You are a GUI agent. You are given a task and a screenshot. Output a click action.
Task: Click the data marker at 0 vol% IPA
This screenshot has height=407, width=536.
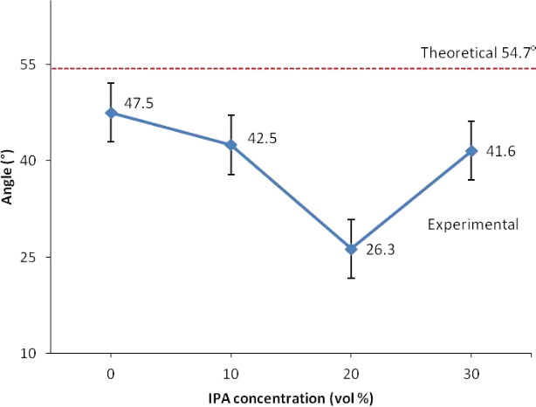(111, 113)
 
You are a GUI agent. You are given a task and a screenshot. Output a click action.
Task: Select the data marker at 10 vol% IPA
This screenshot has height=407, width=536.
(231, 145)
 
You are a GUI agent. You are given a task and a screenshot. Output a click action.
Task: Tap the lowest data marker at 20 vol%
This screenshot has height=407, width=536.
(351, 249)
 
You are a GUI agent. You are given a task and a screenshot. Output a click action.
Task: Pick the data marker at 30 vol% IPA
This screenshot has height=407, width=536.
(471, 150)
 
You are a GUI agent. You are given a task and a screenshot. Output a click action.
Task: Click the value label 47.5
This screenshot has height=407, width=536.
(139, 103)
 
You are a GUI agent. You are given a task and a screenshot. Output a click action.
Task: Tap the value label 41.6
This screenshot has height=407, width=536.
(500, 152)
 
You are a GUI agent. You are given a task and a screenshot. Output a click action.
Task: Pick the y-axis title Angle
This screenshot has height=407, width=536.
(8, 177)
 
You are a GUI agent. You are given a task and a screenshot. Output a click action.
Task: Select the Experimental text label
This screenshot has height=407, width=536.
(473, 224)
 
